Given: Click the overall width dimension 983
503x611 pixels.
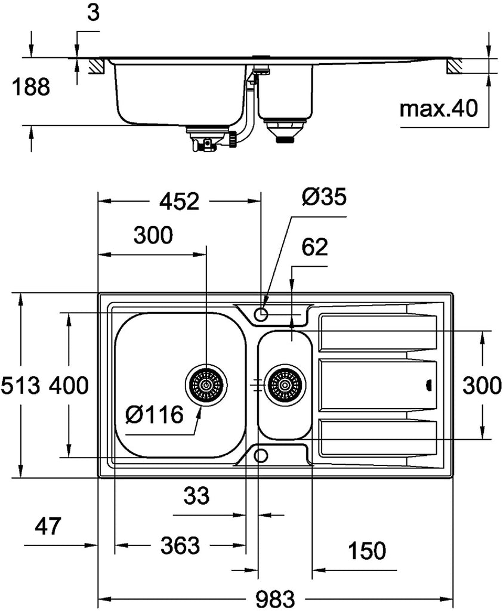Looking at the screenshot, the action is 276,598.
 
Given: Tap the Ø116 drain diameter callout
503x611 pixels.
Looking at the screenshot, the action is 155,414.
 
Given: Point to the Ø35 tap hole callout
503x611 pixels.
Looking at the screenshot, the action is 324,197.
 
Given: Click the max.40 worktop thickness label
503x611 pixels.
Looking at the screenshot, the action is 439,109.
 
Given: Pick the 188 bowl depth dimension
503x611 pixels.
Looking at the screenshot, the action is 31,87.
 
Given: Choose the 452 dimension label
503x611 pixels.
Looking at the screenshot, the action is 180,201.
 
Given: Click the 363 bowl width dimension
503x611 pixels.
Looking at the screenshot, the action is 180,545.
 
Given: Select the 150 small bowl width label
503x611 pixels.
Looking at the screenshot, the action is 366,550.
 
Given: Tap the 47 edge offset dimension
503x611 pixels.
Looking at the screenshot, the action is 48,526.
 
